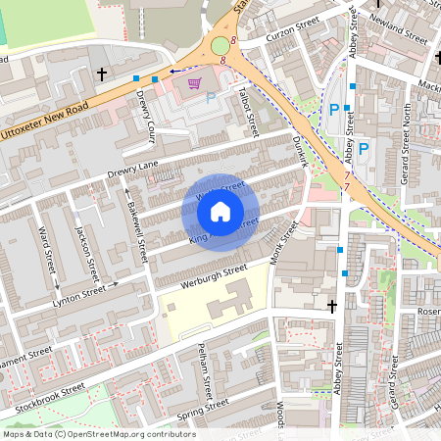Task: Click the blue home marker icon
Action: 220,211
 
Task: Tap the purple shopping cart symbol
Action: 194,83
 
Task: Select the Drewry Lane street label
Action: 132,169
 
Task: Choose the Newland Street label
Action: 401,33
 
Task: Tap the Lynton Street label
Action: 78,295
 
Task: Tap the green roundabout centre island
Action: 220,46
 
